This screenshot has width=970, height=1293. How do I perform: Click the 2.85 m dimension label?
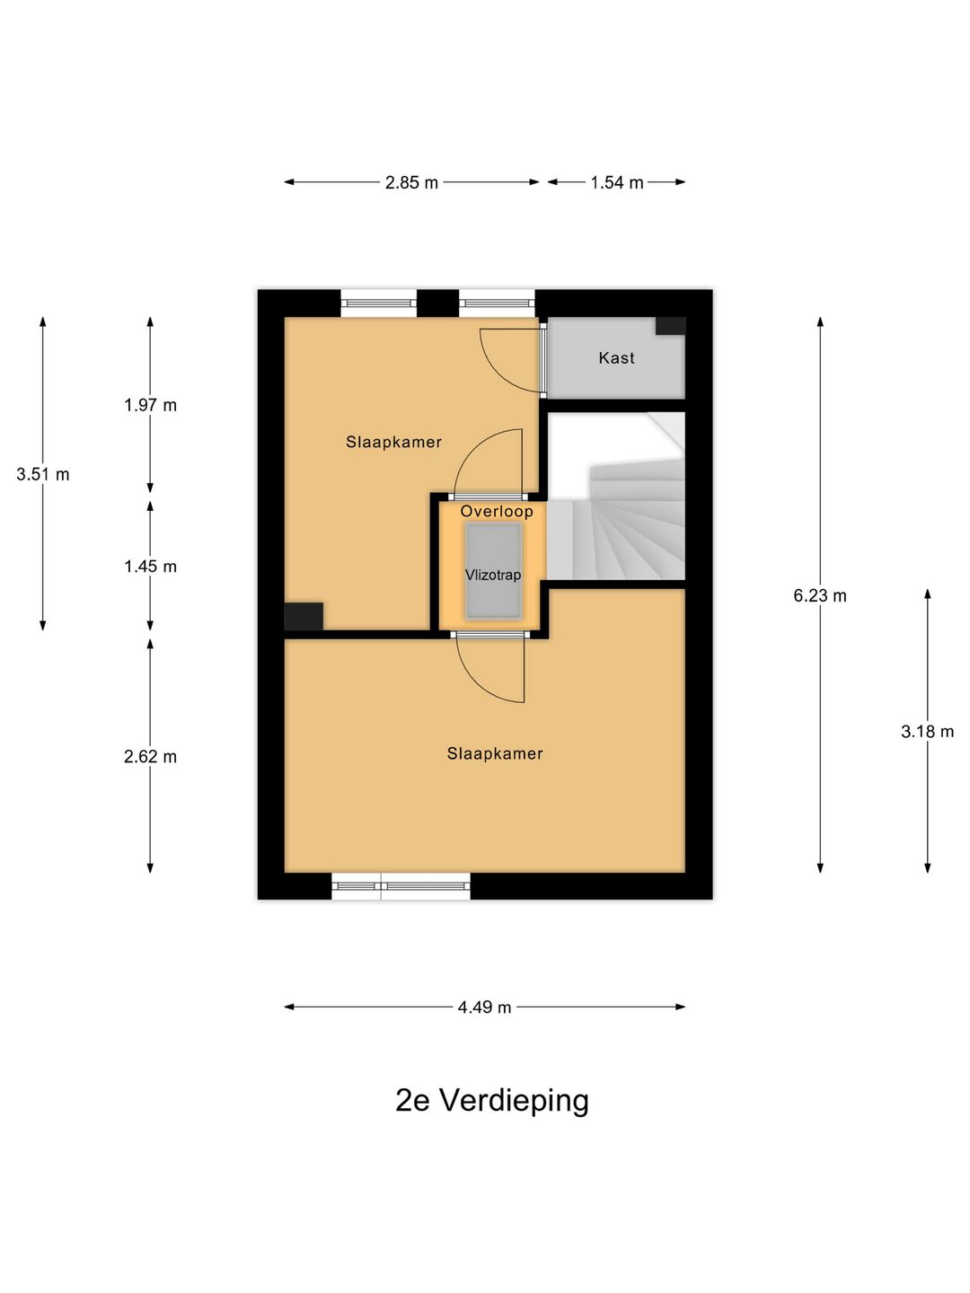411,182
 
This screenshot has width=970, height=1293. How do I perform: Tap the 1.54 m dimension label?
617,182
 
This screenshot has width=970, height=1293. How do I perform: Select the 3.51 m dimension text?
43,474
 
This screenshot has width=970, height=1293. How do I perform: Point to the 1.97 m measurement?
150,405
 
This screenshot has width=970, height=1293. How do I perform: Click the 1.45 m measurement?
150,567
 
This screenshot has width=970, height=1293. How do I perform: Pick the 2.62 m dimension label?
150,757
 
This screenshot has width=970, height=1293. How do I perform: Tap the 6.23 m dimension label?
820,596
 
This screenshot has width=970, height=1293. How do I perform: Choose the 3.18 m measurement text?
927,732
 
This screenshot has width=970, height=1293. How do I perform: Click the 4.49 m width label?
484,1007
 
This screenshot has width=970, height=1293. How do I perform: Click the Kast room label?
617,358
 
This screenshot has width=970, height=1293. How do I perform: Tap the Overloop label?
497,511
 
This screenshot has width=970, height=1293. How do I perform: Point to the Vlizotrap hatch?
494,571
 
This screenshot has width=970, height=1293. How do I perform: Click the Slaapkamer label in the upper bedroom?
393,443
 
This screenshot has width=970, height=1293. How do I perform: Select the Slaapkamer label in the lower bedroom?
495,753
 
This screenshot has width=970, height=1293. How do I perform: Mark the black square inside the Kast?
671,326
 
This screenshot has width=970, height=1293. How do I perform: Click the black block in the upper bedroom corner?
304,617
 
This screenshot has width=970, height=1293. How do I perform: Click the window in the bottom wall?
401,886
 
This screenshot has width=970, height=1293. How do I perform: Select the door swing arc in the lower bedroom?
478,682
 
